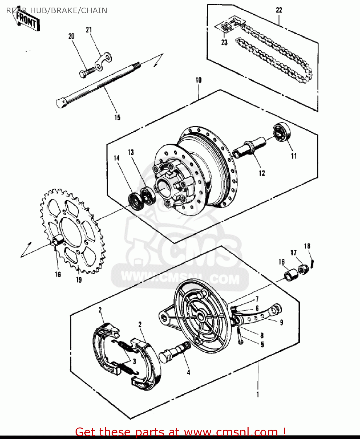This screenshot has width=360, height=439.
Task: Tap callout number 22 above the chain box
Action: coord(279,10)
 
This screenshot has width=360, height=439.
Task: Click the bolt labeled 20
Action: coord(87,72)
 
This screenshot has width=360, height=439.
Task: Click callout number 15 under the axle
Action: coord(117,117)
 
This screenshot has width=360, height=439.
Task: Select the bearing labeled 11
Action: coord(282,132)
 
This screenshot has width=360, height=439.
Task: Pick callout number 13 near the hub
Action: coord(131,152)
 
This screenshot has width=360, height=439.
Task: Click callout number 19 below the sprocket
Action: coord(79,280)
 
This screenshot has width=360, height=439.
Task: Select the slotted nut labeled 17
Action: coord(303,269)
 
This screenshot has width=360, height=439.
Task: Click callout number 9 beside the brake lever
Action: coord(281,322)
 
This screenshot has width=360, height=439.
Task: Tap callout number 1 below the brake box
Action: coord(258,394)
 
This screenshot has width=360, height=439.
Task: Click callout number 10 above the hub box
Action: coord(199,80)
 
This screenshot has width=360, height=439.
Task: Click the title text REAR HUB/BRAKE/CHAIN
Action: coord(57,11)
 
